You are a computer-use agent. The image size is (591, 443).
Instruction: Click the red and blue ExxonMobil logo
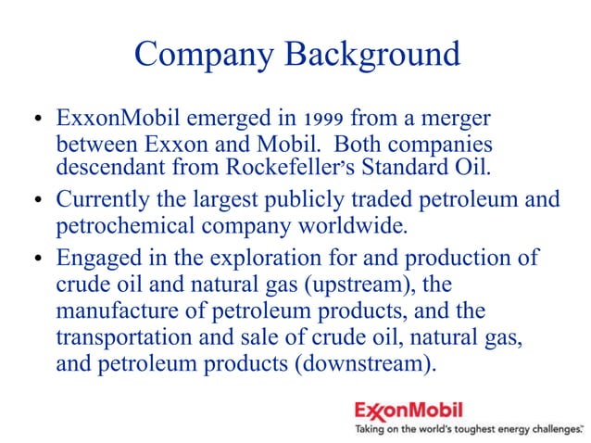[x=409, y=409]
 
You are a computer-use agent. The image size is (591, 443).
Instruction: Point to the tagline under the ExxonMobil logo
[x=469, y=429]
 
